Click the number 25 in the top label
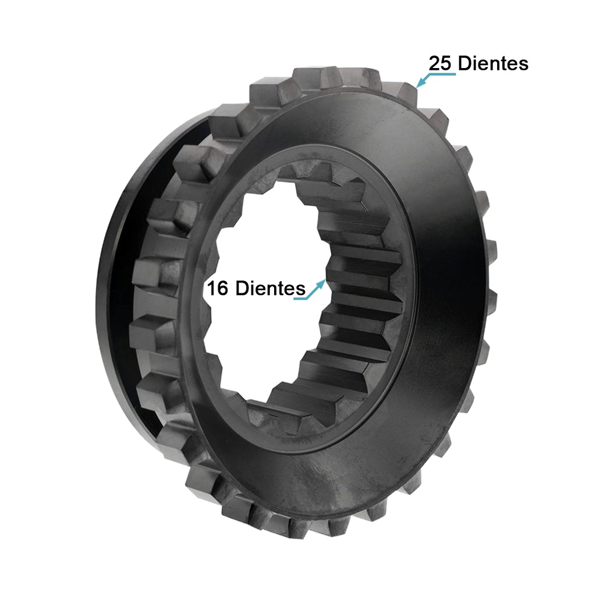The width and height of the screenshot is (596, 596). [441, 63]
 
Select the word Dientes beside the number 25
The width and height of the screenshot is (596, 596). [493, 63]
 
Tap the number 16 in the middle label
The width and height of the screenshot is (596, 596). [218, 288]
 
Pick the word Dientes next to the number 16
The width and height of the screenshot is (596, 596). [270, 288]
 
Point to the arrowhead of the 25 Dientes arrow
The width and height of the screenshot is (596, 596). [419, 86]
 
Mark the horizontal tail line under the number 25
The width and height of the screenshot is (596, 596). [442, 74]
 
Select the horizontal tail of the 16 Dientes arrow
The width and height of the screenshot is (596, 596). [300, 299]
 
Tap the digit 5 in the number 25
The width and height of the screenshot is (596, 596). [446, 63]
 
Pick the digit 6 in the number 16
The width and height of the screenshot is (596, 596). [223, 288]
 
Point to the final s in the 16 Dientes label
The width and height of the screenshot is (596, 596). [301, 289]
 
